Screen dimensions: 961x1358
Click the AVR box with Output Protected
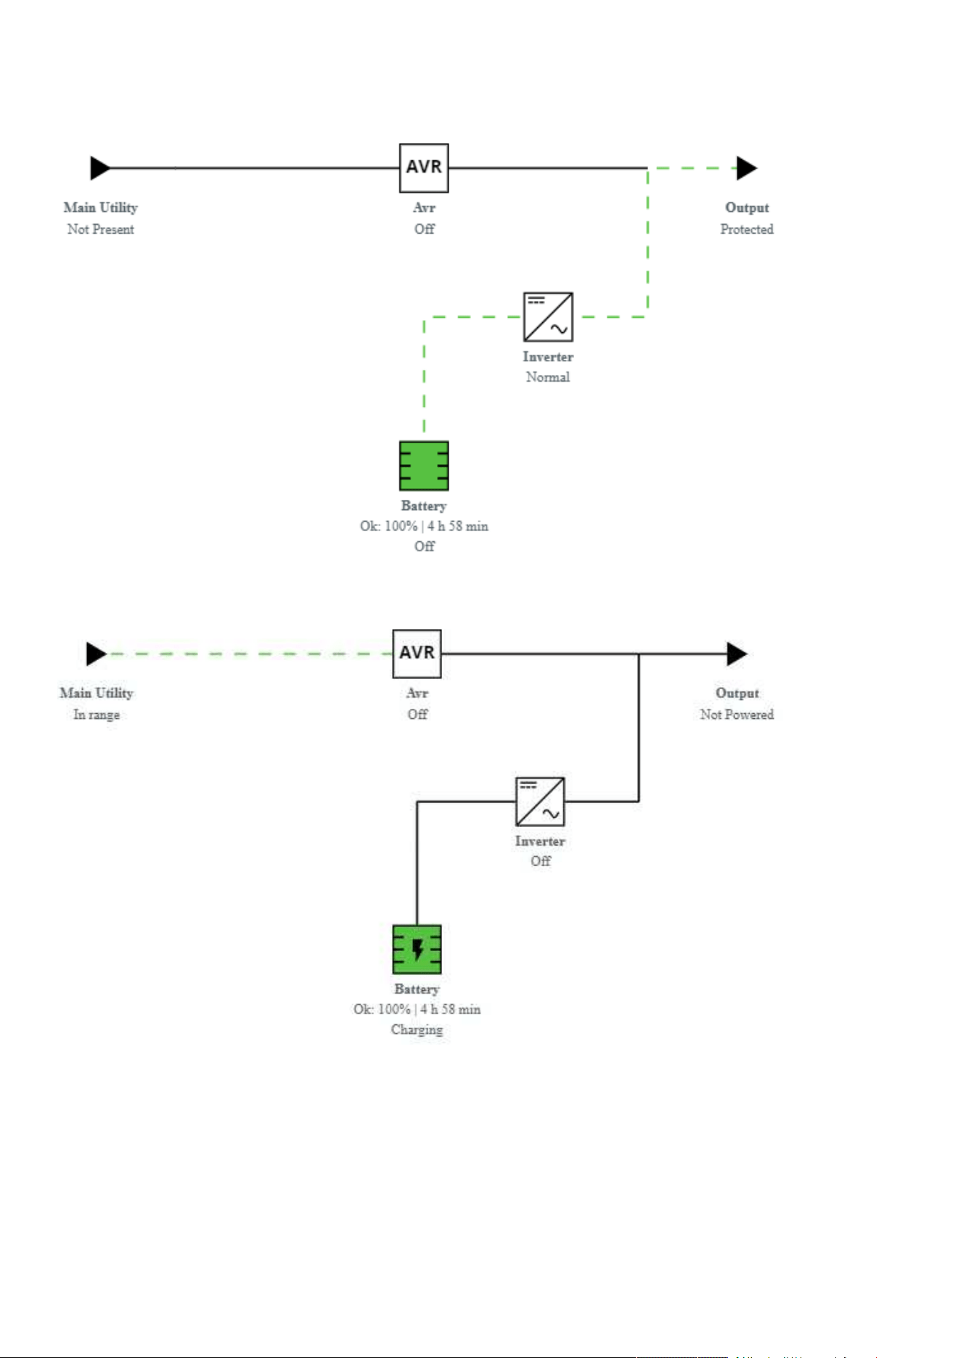tap(424, 168)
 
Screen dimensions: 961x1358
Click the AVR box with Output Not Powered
tap(417, 654)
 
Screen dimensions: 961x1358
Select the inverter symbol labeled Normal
tap(548, 317)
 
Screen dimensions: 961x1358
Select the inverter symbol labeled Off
tap(540, 802)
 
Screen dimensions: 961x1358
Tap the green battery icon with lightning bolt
tap(417, 950)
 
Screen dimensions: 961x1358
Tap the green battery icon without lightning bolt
tap(424, 466)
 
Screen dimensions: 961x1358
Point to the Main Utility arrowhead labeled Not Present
tap(100, 168)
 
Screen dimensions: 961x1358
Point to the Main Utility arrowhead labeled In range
tap(97, 654)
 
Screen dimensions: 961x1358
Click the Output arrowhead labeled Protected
tap(747, 168)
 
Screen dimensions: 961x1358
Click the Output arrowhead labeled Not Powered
tap(737, 654)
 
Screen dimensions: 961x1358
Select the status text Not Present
tap(101, 229)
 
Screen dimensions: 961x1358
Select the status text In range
tap(97, 715)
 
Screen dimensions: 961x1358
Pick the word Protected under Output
tap(747, 229)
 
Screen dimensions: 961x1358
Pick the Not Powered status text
tap(737, 715)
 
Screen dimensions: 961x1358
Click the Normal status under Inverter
tap(548, 377)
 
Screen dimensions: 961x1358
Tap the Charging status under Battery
tap(417, 1030)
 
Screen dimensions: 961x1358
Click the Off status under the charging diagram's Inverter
tap(541, 861)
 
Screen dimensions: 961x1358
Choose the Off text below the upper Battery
tap(425, 546)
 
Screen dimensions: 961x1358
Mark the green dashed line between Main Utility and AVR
tap(250, 654)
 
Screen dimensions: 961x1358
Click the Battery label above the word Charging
tap(417, 989)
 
